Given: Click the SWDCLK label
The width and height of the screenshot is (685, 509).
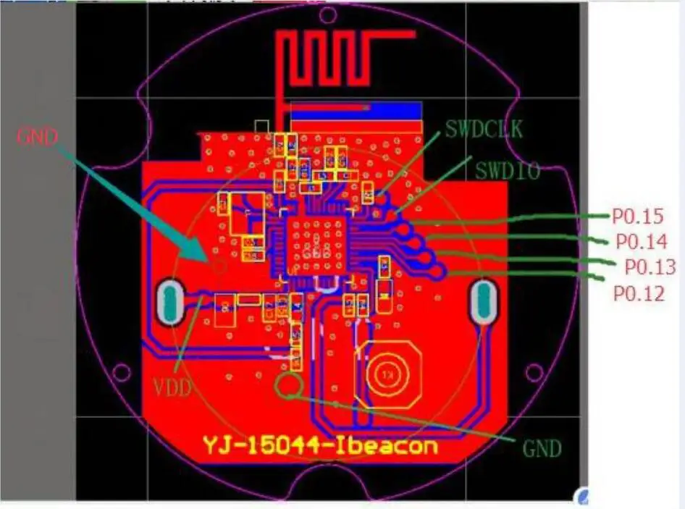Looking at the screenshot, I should [484, 130].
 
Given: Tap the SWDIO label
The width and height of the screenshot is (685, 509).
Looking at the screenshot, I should [508, 171].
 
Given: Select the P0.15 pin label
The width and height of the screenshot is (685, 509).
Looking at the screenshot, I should [638, 216].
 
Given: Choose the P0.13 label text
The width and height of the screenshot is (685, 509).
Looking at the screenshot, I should [650, 266].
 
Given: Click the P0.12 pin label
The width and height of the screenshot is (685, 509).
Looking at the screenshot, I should [639, 293].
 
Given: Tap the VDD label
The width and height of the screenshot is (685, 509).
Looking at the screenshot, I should [172, 387].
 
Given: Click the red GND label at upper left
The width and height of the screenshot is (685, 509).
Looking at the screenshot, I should [37, 136].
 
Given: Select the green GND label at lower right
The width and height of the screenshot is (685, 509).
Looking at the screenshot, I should [542, 448].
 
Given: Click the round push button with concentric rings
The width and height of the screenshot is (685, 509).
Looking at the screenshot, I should [387, 375].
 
